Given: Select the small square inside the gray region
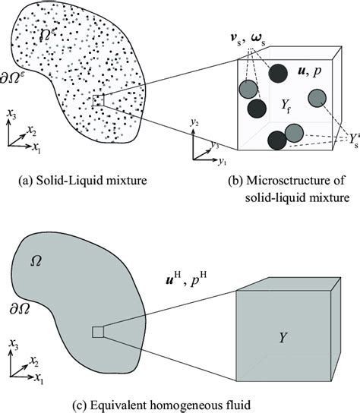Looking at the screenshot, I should [98, 331].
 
